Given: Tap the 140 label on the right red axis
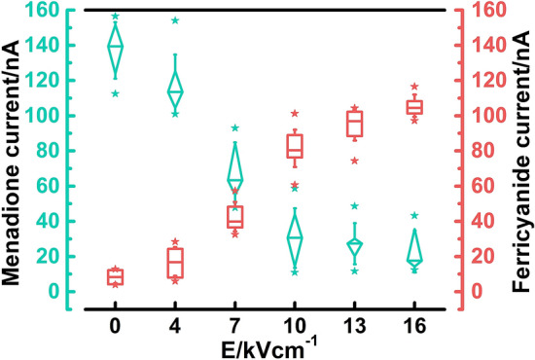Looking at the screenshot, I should (x=483, y=46).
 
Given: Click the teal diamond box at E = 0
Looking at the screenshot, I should (x=116, y=46).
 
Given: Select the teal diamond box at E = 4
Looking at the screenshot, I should (x=175, y=91).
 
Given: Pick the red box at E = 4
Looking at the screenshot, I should (x=175, y=263).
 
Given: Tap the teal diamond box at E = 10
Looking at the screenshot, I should (x=295, y=236).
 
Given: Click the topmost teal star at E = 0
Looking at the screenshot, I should (x=116, y=17).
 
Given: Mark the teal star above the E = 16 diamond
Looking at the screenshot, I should (x=414, y=215).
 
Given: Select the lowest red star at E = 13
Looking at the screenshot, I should (x=354, y=161).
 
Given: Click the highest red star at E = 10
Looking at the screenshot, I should (x=295, y=114).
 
